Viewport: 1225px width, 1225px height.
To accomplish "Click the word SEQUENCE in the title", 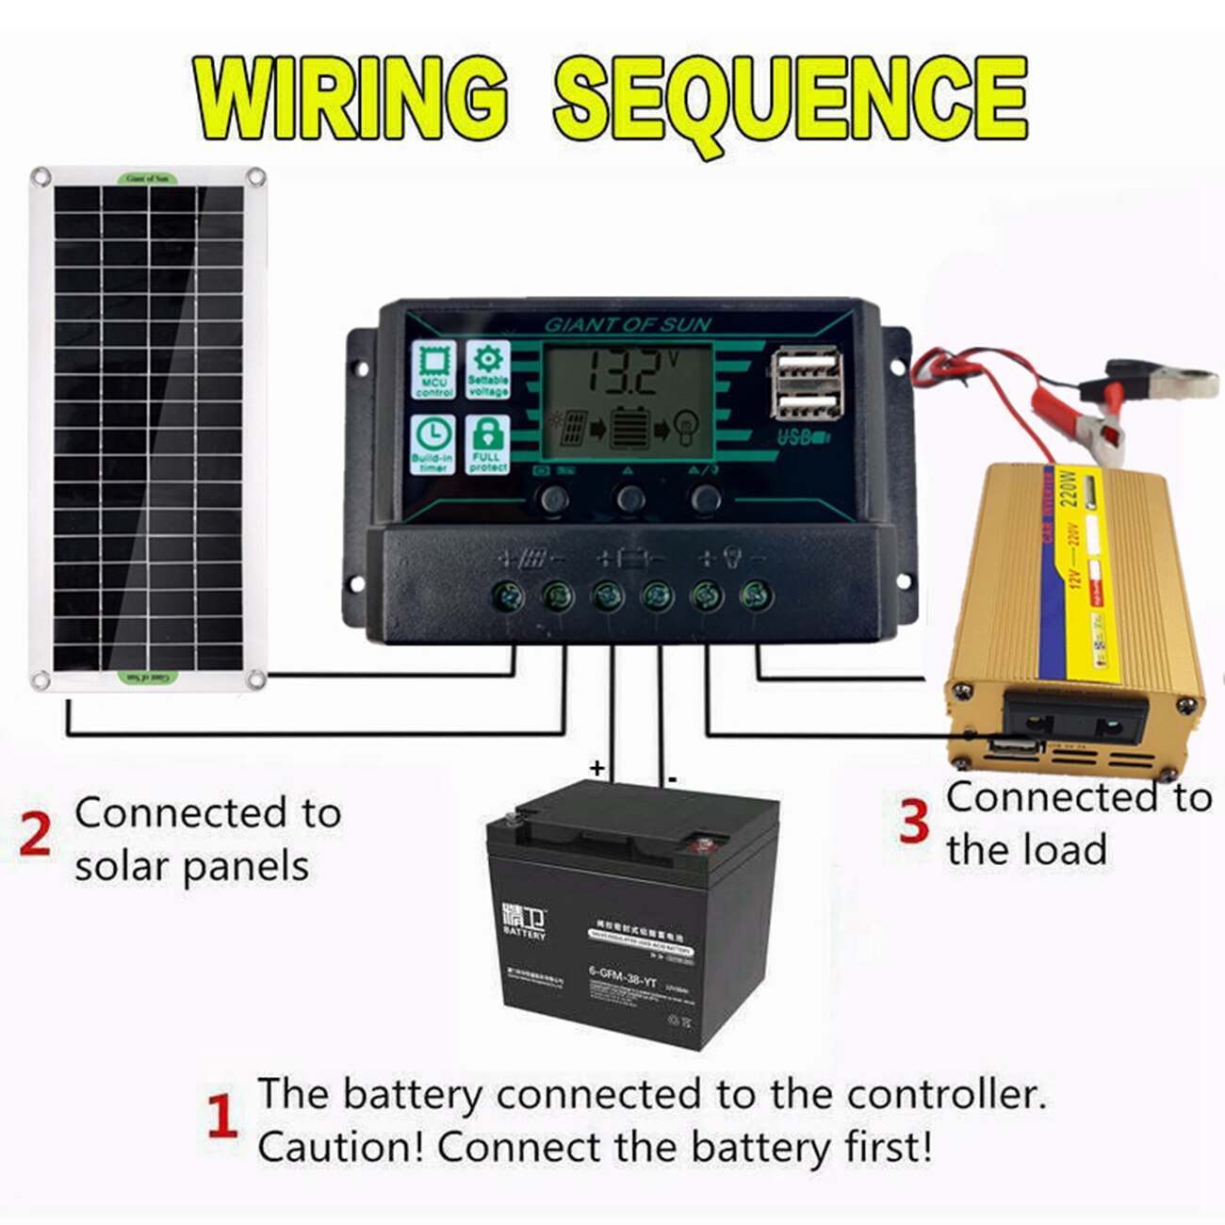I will [790, 97].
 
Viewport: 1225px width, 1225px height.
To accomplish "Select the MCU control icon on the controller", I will [433, 369].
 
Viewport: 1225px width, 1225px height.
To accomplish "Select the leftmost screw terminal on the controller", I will [508, 595].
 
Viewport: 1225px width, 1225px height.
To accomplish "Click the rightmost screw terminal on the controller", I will [757, 595].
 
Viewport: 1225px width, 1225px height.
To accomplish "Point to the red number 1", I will [221, 1119].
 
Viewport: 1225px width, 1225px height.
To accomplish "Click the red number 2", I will [35, 836].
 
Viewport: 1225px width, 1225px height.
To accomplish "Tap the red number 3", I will [914, 821].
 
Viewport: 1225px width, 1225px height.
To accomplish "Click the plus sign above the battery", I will [596, 768].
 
